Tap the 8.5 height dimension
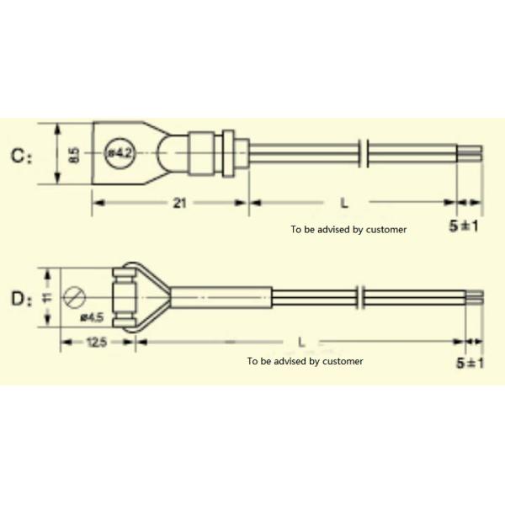(x=74, y=156)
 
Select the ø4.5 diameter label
(x=92, y=317)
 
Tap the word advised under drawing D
(x=287, y=361)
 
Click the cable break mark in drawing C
(x=363, y=154)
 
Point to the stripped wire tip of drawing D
(x=476, y=296)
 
